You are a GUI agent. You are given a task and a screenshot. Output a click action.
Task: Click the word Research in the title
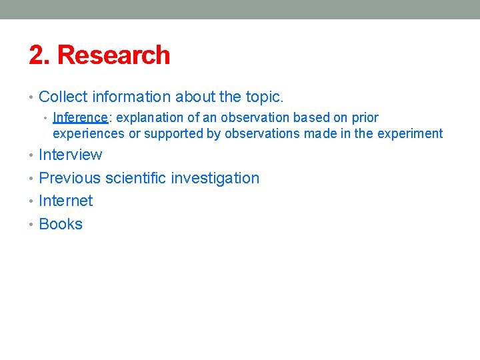coord(114,55)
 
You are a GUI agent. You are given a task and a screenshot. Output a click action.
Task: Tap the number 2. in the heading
coord(39,55)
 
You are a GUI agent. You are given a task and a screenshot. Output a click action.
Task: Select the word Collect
coord(63,97)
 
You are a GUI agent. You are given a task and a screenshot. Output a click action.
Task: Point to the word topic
coord(264,97)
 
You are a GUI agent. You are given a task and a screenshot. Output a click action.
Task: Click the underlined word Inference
coord(80,118)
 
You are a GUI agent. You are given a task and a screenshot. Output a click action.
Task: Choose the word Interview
coord(71,155)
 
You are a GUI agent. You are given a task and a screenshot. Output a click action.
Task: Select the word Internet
coord(66,201)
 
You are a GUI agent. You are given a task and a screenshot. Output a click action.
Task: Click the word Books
coord(61,224)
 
